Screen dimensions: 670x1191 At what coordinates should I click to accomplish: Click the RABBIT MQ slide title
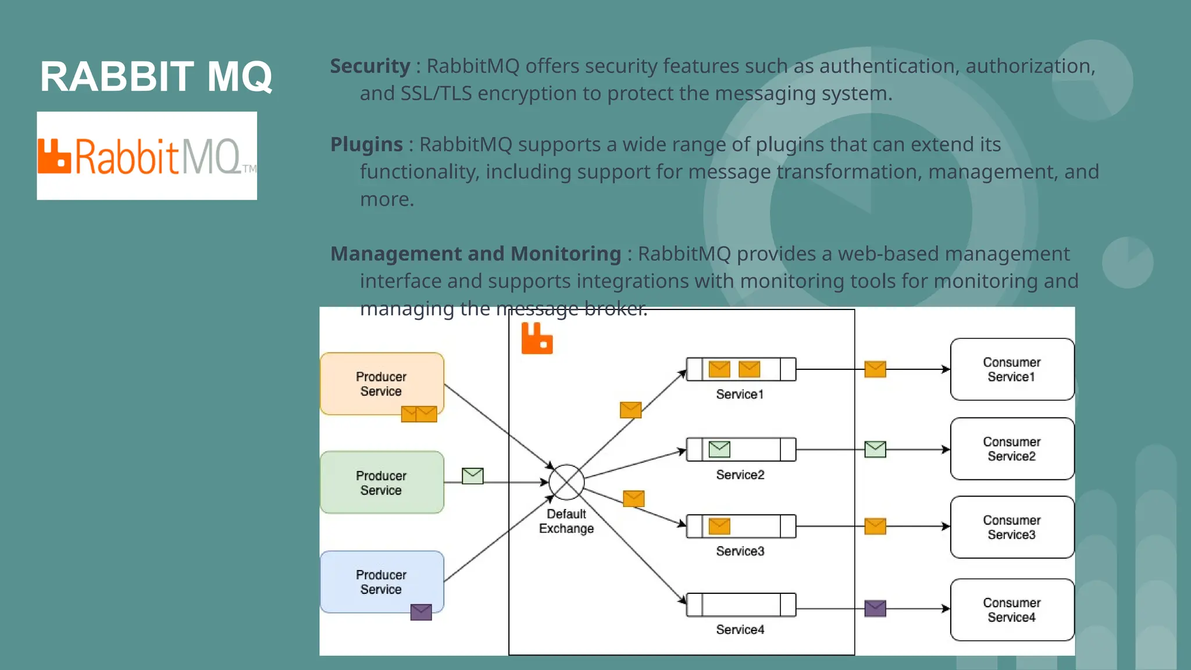(156, 76)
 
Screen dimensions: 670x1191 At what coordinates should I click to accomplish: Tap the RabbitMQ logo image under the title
(147, 156)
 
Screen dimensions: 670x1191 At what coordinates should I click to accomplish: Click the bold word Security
(370, 66)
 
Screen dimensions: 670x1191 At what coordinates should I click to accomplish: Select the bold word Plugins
(366, 144)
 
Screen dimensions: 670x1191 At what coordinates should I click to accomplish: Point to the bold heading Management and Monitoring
(476, 254)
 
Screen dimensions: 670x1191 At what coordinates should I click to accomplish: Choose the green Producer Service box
(381, 482)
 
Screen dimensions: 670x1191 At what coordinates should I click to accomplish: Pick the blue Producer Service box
(381, 581)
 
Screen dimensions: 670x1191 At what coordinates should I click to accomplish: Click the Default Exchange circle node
(566, 482)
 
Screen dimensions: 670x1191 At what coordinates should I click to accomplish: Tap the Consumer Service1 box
(1012, 369)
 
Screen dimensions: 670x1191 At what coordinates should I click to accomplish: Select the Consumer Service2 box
(1012, 449)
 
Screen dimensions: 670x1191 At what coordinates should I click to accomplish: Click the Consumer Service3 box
(1012, 527)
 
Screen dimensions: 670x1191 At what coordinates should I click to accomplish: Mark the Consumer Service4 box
(1012, 610)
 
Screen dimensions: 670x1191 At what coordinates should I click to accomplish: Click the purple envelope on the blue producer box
(421, 612)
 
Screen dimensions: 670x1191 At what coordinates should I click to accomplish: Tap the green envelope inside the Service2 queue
(719, 449)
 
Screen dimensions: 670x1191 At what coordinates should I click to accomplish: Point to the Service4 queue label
(740, 629)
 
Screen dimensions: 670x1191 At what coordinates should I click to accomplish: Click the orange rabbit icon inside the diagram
(537, 338)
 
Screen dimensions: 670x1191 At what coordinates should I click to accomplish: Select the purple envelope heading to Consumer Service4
(875, 608)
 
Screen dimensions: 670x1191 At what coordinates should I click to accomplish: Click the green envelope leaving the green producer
(473, 476)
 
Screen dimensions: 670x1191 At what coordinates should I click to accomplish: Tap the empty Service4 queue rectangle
(741, 605)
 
